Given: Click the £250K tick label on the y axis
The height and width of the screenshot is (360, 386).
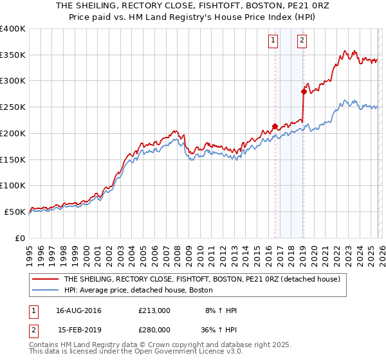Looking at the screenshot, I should [13, 107].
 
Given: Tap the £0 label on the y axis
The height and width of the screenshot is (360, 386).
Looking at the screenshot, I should [20, 238].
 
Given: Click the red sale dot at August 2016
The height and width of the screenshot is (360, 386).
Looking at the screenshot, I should [275, 126].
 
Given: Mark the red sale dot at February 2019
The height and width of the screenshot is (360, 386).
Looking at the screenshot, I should [304, 91].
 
